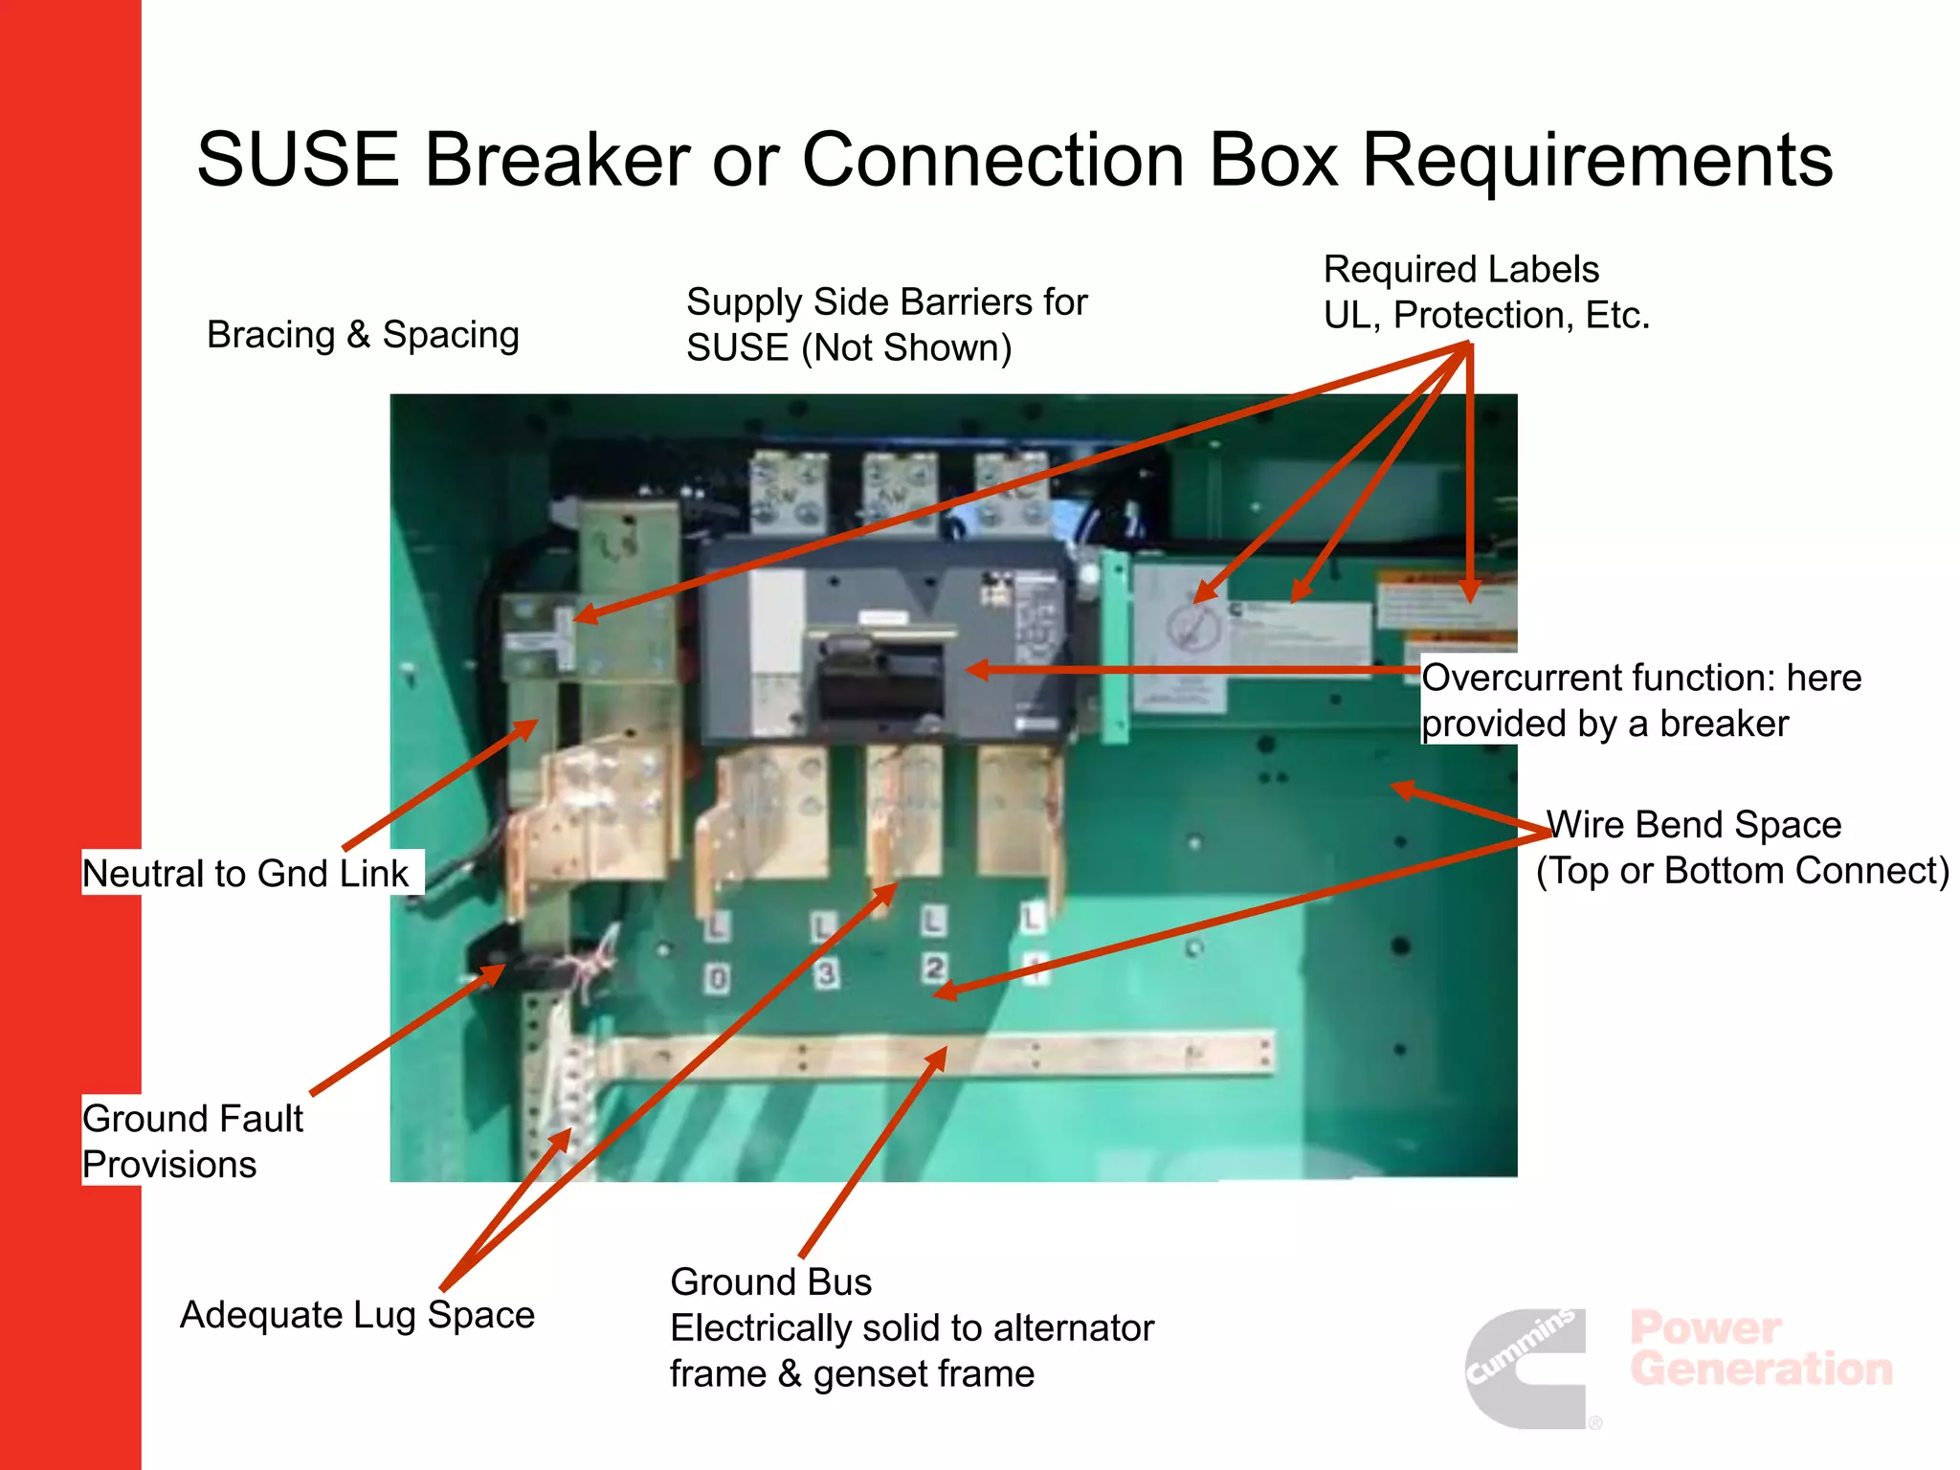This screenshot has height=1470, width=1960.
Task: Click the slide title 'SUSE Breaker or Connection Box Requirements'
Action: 1014,160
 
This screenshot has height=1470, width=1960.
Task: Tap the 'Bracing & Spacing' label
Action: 363,335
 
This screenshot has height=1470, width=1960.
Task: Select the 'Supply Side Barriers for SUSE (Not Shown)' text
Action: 886,324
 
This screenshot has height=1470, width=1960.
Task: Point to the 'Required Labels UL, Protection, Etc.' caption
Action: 1486,292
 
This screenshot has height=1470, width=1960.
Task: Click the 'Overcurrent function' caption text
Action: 1640,701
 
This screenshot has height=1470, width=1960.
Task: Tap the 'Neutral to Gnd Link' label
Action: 246,873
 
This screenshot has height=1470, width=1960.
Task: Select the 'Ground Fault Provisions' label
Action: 192,1141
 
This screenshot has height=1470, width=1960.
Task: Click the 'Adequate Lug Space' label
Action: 357,1315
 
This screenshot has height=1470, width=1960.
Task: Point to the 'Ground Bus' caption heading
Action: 771,1282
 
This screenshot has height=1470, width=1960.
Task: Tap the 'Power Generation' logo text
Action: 1761,1348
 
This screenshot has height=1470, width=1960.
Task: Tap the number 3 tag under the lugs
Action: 826,973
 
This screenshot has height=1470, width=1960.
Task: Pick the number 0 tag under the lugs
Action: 718,978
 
